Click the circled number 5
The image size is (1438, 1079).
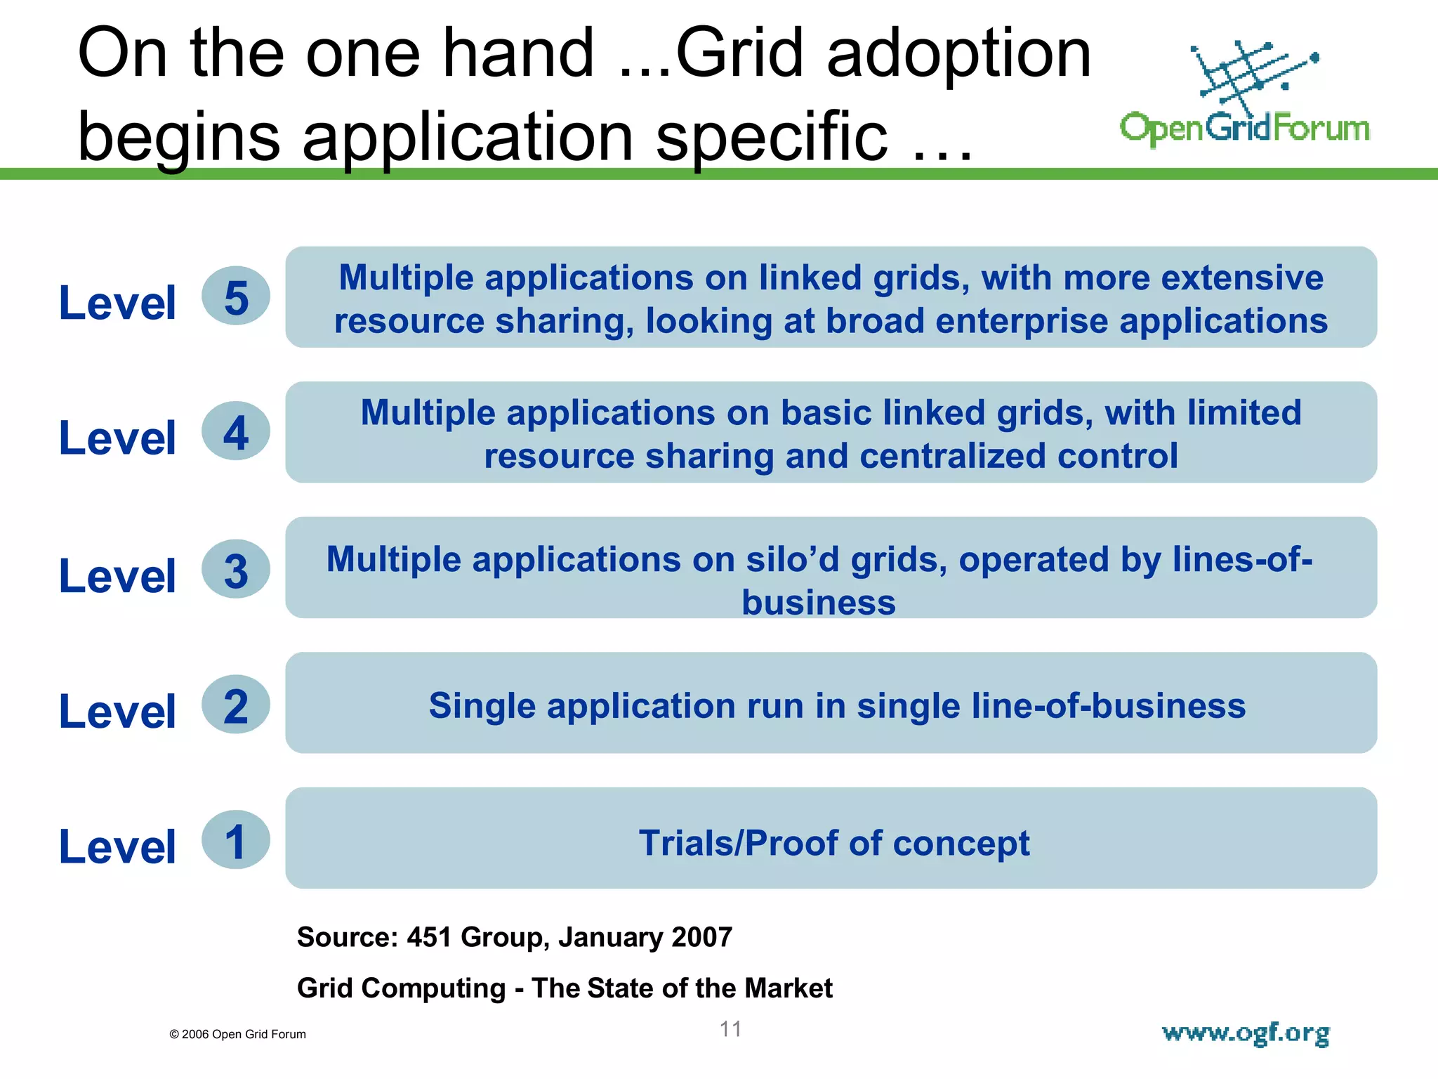pos(236,296)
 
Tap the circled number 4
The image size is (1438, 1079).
pos(236,431)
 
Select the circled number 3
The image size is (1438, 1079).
pos(236,570)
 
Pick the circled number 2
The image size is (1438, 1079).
pos(236,705)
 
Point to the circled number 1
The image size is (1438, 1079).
pos(236,841)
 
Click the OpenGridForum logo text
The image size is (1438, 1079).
pos(1244,129)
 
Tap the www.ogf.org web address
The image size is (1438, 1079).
pos(1246,1033)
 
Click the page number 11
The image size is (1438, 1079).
pos(730,1029)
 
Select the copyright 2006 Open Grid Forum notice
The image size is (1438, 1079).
pos(237,1034)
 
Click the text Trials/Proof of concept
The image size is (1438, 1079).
pos(833,843)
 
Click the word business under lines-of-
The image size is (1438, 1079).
pos(819,603)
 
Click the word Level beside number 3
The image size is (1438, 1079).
pos(117,576)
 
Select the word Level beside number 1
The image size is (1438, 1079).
pos(117,846)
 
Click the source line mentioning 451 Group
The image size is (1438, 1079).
pos(514,937)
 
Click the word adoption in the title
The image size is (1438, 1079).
pos(958,53)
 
